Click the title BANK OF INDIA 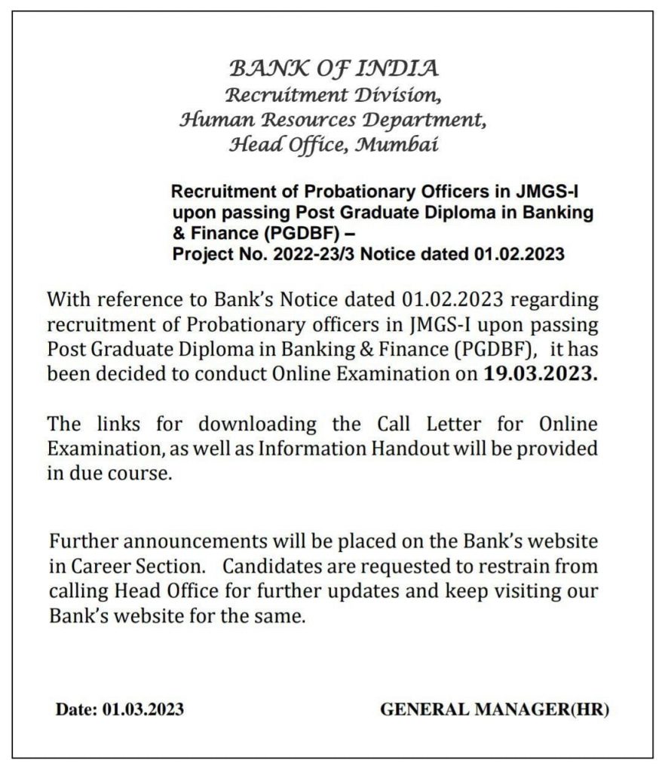[333, 69]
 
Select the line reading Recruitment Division [333, 95]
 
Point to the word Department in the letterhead [423, 119]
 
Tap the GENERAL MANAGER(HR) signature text [495, 709]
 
